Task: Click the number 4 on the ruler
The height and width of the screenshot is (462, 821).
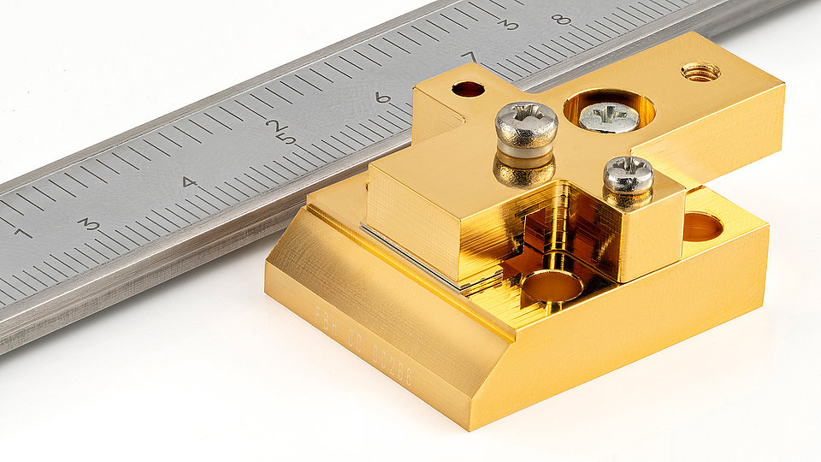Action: point(189,182)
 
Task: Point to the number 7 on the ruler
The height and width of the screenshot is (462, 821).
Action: point(469,57)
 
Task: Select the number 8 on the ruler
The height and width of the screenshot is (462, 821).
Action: point(561,19)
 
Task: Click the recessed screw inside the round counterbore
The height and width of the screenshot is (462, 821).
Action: point(608,116)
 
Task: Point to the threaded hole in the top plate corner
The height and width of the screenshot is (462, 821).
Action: point(700,72)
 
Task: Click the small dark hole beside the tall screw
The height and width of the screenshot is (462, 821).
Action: point(468,88)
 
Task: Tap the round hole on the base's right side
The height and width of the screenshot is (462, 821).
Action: point(702,227)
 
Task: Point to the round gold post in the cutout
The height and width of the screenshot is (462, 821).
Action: point(552,287)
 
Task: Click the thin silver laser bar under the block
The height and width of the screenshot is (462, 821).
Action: point(410,258)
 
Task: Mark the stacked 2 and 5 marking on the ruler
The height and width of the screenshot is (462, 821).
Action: point(281,131)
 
